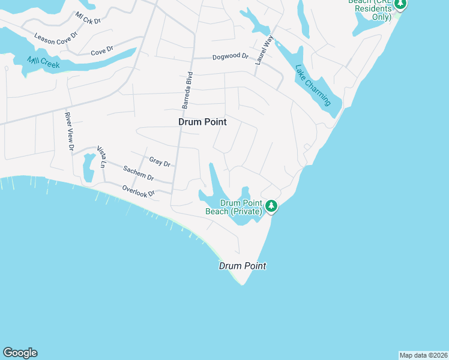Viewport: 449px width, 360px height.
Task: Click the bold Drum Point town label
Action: point(203,122)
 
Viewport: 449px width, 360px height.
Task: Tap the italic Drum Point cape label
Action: point(242,266)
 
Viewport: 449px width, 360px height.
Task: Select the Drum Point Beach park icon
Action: point(272,206)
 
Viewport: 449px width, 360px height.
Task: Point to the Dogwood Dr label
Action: point(230,57)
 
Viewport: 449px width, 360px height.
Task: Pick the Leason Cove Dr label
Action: point(56,39)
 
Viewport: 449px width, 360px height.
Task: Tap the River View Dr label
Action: point(70,131)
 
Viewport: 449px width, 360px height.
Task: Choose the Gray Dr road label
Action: point(160,162)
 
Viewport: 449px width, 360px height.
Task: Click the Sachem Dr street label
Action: point(139,174)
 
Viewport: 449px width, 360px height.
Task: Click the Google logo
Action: point(20,353)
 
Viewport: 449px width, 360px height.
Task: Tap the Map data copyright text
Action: point(423,355)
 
